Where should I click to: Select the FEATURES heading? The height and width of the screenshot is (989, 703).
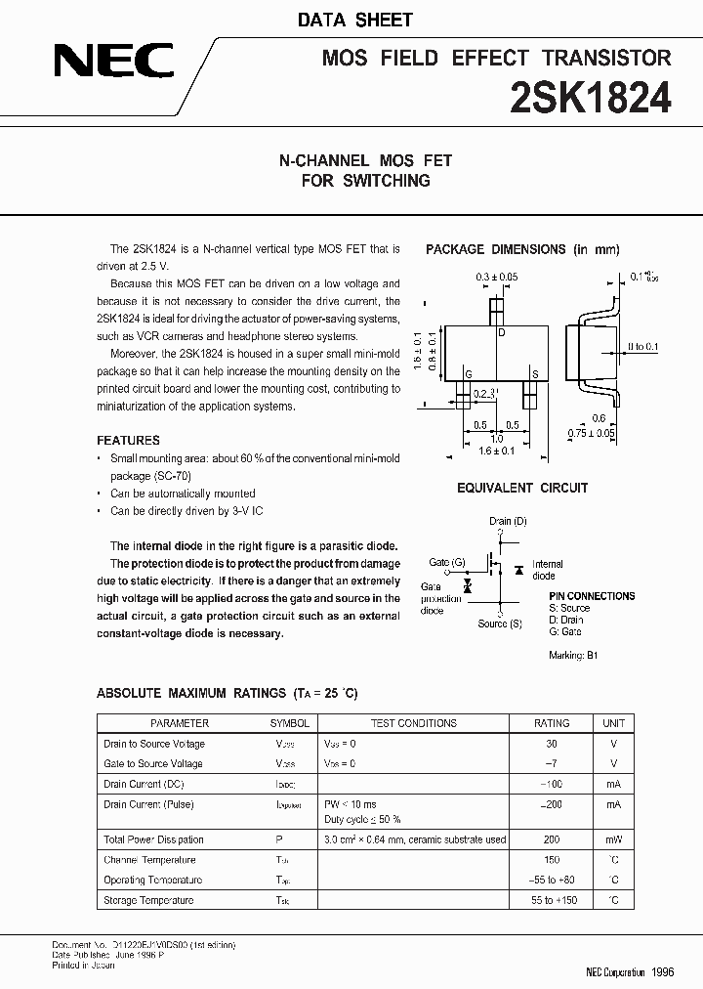tap(128, 441)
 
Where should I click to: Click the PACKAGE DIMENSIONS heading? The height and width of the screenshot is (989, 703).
tap(522, 250)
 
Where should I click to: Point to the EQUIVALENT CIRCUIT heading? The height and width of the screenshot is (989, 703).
tap(522, 488)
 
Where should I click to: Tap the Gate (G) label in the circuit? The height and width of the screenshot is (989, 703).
tap(447, 562)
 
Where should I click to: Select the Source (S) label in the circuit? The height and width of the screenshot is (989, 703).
tap(499, 623)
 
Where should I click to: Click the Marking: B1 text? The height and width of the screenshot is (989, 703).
tap(572, 655)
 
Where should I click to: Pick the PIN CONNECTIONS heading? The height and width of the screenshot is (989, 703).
tap(592, 596)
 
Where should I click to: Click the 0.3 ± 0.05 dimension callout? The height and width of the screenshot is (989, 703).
tap(497, 278)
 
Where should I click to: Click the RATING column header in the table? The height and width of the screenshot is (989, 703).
tap(552, 723)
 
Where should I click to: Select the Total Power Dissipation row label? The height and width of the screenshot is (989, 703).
tap(153, 839)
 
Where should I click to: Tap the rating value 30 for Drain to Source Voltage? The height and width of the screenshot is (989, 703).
tap(552, 744)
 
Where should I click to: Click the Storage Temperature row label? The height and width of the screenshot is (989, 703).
tap(148, 900)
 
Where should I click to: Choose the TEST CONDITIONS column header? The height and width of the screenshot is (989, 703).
tap(413, 723)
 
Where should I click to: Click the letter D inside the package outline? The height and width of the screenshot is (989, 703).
tap(502, 333)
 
